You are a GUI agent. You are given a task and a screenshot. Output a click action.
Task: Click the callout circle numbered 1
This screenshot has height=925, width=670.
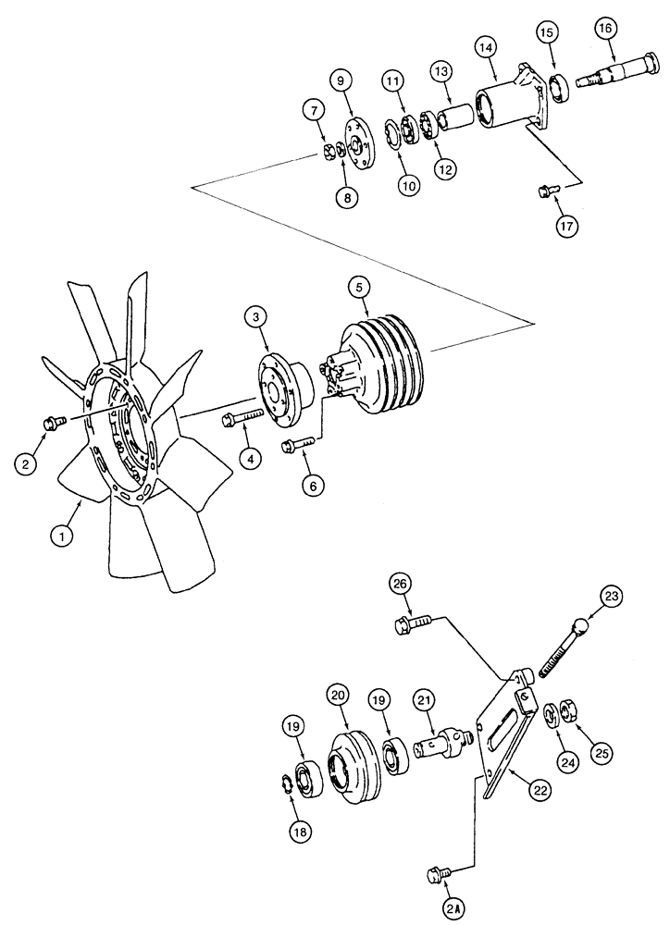click(63, 535)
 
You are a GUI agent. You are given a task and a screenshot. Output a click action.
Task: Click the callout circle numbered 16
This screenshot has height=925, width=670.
click(605, 29)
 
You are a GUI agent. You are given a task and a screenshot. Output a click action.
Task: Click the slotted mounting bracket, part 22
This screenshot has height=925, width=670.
click(505, 732)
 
